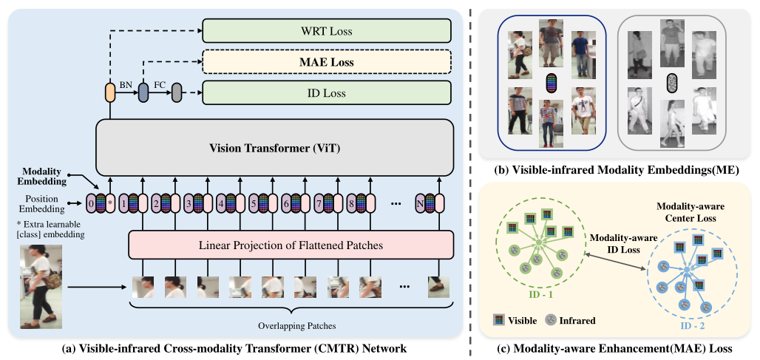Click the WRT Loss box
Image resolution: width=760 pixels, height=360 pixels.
click(326, 32)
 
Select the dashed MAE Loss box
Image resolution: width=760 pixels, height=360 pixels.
click(326, 63)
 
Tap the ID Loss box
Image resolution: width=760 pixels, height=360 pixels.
click(326, 93)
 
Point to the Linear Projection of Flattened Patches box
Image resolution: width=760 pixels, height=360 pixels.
click(289, 245)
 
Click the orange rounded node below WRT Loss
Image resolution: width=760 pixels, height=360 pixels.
click(110, 93)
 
